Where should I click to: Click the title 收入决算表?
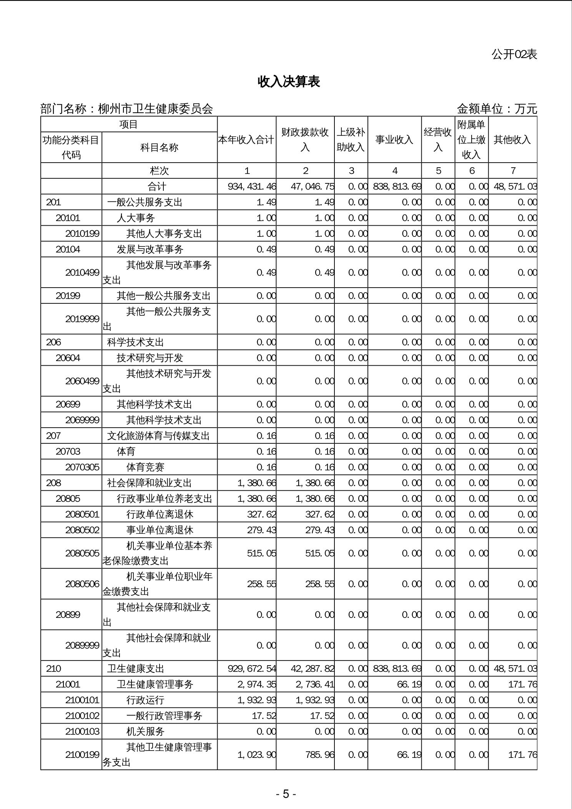[x=289, y=82]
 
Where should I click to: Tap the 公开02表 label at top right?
[x=514, y=55]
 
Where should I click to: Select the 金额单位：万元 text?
[x=497, y=109]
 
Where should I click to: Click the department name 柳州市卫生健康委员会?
[x=156, y=109]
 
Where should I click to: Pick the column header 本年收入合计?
[x=246, y=140]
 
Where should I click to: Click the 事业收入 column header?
[x=394, y=140]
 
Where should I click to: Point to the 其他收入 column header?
[x=512, y=140]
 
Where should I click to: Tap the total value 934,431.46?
[x=252, y=187]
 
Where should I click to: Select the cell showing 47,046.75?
[x=312, y=187]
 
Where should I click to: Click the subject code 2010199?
[x=82, y=234]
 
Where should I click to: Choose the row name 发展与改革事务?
[x=150, y=250]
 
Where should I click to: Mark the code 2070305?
[x=82, y=467]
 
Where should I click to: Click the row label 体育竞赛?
[x=145, y=467]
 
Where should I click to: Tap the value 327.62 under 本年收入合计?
[x=261, y=514]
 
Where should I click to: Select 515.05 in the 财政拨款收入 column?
[x=320, y=553]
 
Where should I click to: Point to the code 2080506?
[x=82, y=584]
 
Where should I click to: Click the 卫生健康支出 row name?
[x=135, y=669]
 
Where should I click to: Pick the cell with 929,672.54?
[x=252, y=669]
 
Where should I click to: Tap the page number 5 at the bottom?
[x=286, y=794]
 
